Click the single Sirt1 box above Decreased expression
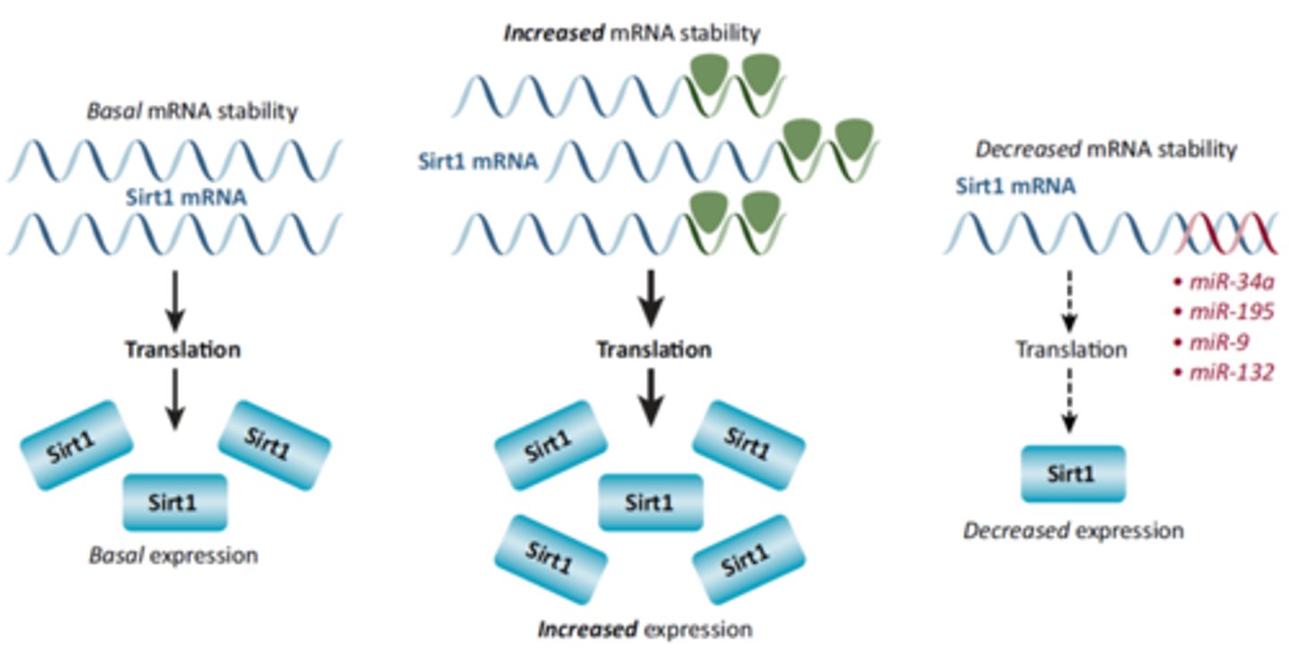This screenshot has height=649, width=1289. pyautogui.click(x=1073, y=473)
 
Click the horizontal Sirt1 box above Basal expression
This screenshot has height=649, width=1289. pyautogui.click(x=175, y=501)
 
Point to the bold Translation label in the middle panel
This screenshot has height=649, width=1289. pyautogui.click(x=654, y=349)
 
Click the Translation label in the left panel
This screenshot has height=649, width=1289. pyautogui.click(x=183, y=349)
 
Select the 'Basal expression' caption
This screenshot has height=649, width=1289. pyautogui.click(x=173, y=555)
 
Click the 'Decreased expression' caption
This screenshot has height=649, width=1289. pyautogui.click(x=1073, y=530)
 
